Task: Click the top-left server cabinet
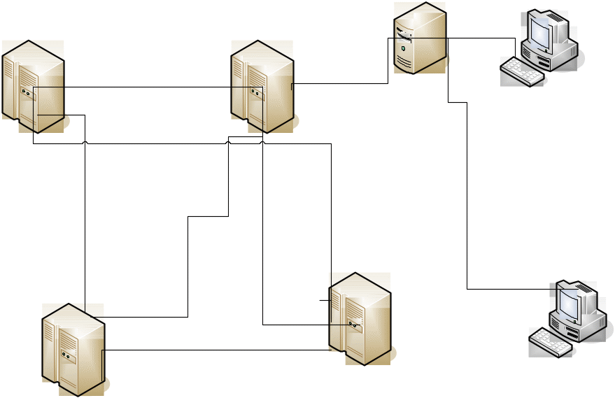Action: (33, 85)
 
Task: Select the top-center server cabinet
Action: (262, 85)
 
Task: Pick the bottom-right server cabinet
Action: (360, 318)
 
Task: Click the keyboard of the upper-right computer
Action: (523, 71)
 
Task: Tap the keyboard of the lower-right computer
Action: (551, 341)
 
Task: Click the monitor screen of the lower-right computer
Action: (568, 302)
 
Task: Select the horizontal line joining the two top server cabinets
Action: (147, 87)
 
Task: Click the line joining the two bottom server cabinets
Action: (217, 350)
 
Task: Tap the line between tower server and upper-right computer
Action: (483, 38)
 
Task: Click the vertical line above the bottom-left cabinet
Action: (85, 210)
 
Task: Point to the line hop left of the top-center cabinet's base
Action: (229, 141)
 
